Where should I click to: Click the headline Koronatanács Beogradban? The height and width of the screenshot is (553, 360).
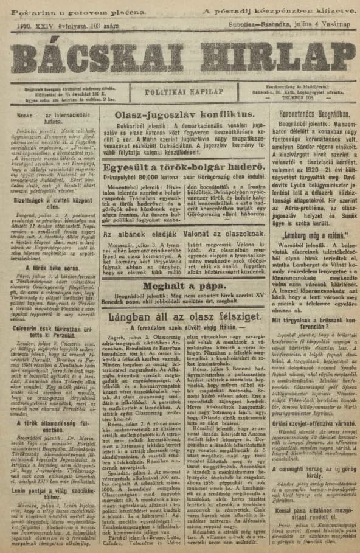[x=313, y=113]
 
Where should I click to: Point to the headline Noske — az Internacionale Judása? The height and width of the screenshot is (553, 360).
[x=49, y=114]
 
